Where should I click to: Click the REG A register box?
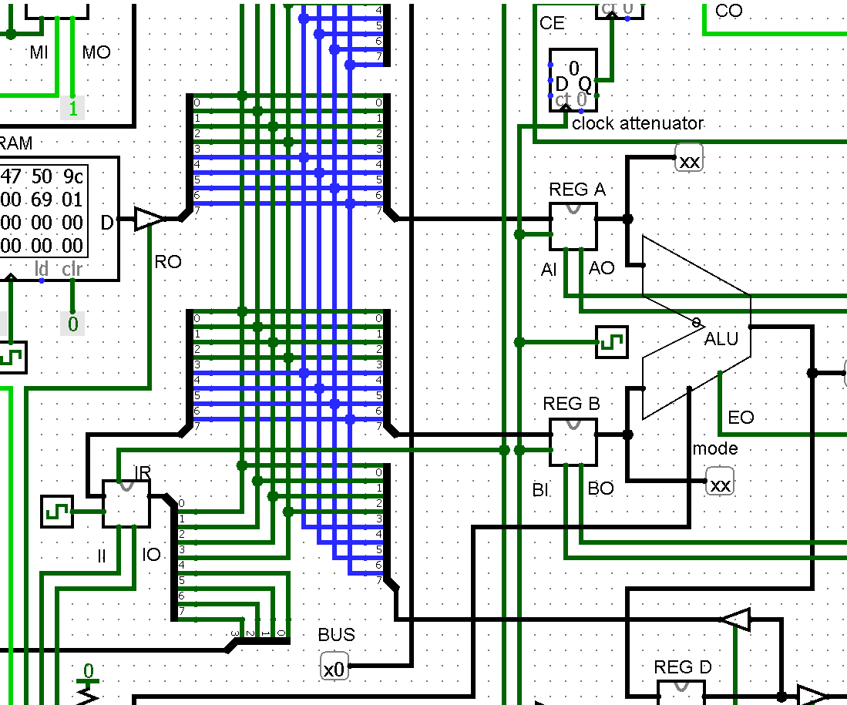tap(573, 227)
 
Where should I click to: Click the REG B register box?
tap(573, 442)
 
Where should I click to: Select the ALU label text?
tap(721, 339)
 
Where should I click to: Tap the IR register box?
tap(126, 504)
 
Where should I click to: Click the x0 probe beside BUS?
tap(334, 667)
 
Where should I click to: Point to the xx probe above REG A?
tap(690, 160)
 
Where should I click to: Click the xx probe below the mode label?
tap(720, 484)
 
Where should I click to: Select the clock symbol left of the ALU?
tap(612, 342)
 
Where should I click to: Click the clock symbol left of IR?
tap(56, 512)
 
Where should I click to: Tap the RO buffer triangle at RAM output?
tap(149, 219)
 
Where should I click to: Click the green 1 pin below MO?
tap(72, 109)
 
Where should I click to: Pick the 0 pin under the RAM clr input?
tap(72, 324)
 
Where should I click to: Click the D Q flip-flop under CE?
tap(573, 80)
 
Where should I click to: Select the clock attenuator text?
tap(637, 123)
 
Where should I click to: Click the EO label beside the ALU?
tap(741, 418)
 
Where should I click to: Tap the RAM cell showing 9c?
tap(72, 177)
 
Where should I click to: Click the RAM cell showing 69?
tap(41, 200)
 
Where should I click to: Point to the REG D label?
tap(683, 667)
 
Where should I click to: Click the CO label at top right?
tap(728, 11)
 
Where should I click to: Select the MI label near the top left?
tap(39, 52)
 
